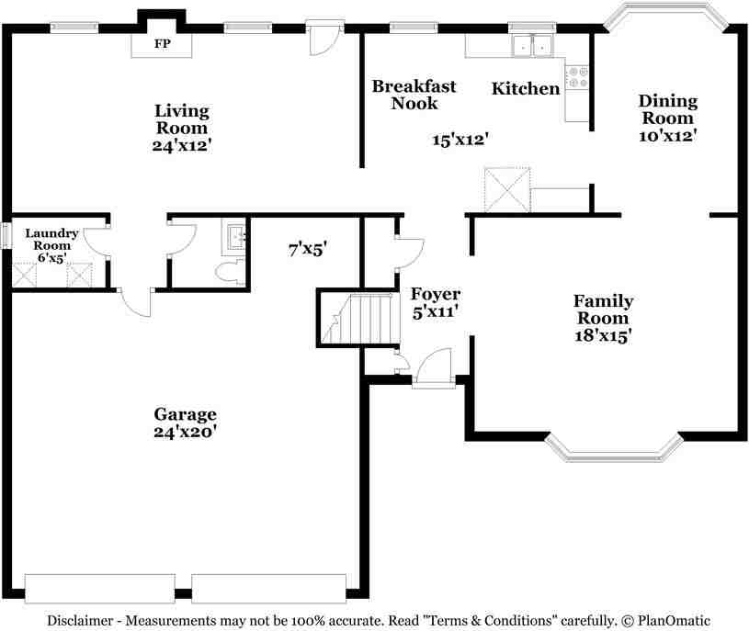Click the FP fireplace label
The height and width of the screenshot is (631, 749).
[x=163, y=43]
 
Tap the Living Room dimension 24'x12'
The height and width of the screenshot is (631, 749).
[x=182, y=145]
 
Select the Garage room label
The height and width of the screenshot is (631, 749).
[x=185, y=414]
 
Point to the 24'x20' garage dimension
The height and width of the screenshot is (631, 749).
[x=186, y=432]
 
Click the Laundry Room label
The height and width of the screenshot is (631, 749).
[x=51, y=239]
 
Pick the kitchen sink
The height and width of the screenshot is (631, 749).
[x=533, y=46]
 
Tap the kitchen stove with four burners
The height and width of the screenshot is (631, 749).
[x=576, y=77]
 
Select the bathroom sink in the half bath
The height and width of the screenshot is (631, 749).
[x=233, y=237]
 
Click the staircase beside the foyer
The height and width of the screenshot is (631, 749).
[x=359, y=318]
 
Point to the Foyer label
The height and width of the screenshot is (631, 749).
[x=436, y=294]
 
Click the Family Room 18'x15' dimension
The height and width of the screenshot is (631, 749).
[x=603, y=335]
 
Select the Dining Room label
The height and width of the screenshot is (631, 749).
[x=668, y=109]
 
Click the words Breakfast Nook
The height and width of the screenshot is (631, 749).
[x=414, y=95]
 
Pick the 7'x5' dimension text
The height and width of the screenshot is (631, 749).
[x=308, y=249]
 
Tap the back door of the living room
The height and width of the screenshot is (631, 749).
[x=324, y=38]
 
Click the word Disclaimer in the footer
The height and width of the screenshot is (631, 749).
[x=80, y=621]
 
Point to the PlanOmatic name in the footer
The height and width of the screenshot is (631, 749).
[x=674, y=621]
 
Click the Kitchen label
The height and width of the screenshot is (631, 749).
[x=526, y=88]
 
